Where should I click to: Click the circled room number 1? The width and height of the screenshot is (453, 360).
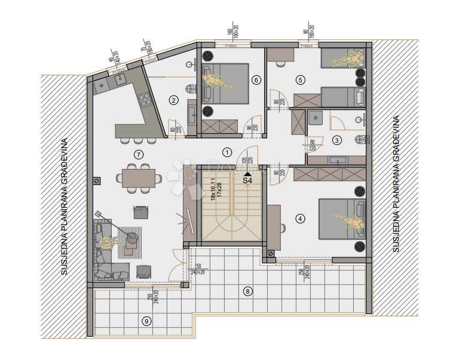[x=227, y=151]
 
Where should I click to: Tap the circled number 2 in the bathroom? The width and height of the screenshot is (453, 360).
[x=173, y=100]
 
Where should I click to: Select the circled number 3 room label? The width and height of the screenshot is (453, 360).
[x=336, y=140]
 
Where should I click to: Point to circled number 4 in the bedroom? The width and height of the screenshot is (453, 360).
[x=300, y=219]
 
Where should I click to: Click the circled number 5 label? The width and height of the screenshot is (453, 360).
[x=300, y=79]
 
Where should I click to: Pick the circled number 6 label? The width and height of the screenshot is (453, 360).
[x=256, y=79]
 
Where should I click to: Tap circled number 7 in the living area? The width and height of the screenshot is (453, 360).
[x=139, y=155]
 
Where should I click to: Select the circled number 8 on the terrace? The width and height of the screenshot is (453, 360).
[x=247, y=291]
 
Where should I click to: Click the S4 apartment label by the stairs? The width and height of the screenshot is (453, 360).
[x=247, y=179]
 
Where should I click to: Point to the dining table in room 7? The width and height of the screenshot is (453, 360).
[x=139, y=177]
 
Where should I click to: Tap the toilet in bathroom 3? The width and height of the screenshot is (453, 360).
[x=360, y=140]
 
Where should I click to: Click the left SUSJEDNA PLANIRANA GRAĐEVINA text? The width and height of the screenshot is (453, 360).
[x=64, y=207]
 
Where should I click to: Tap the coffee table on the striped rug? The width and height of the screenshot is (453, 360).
[x=131, y=239]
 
